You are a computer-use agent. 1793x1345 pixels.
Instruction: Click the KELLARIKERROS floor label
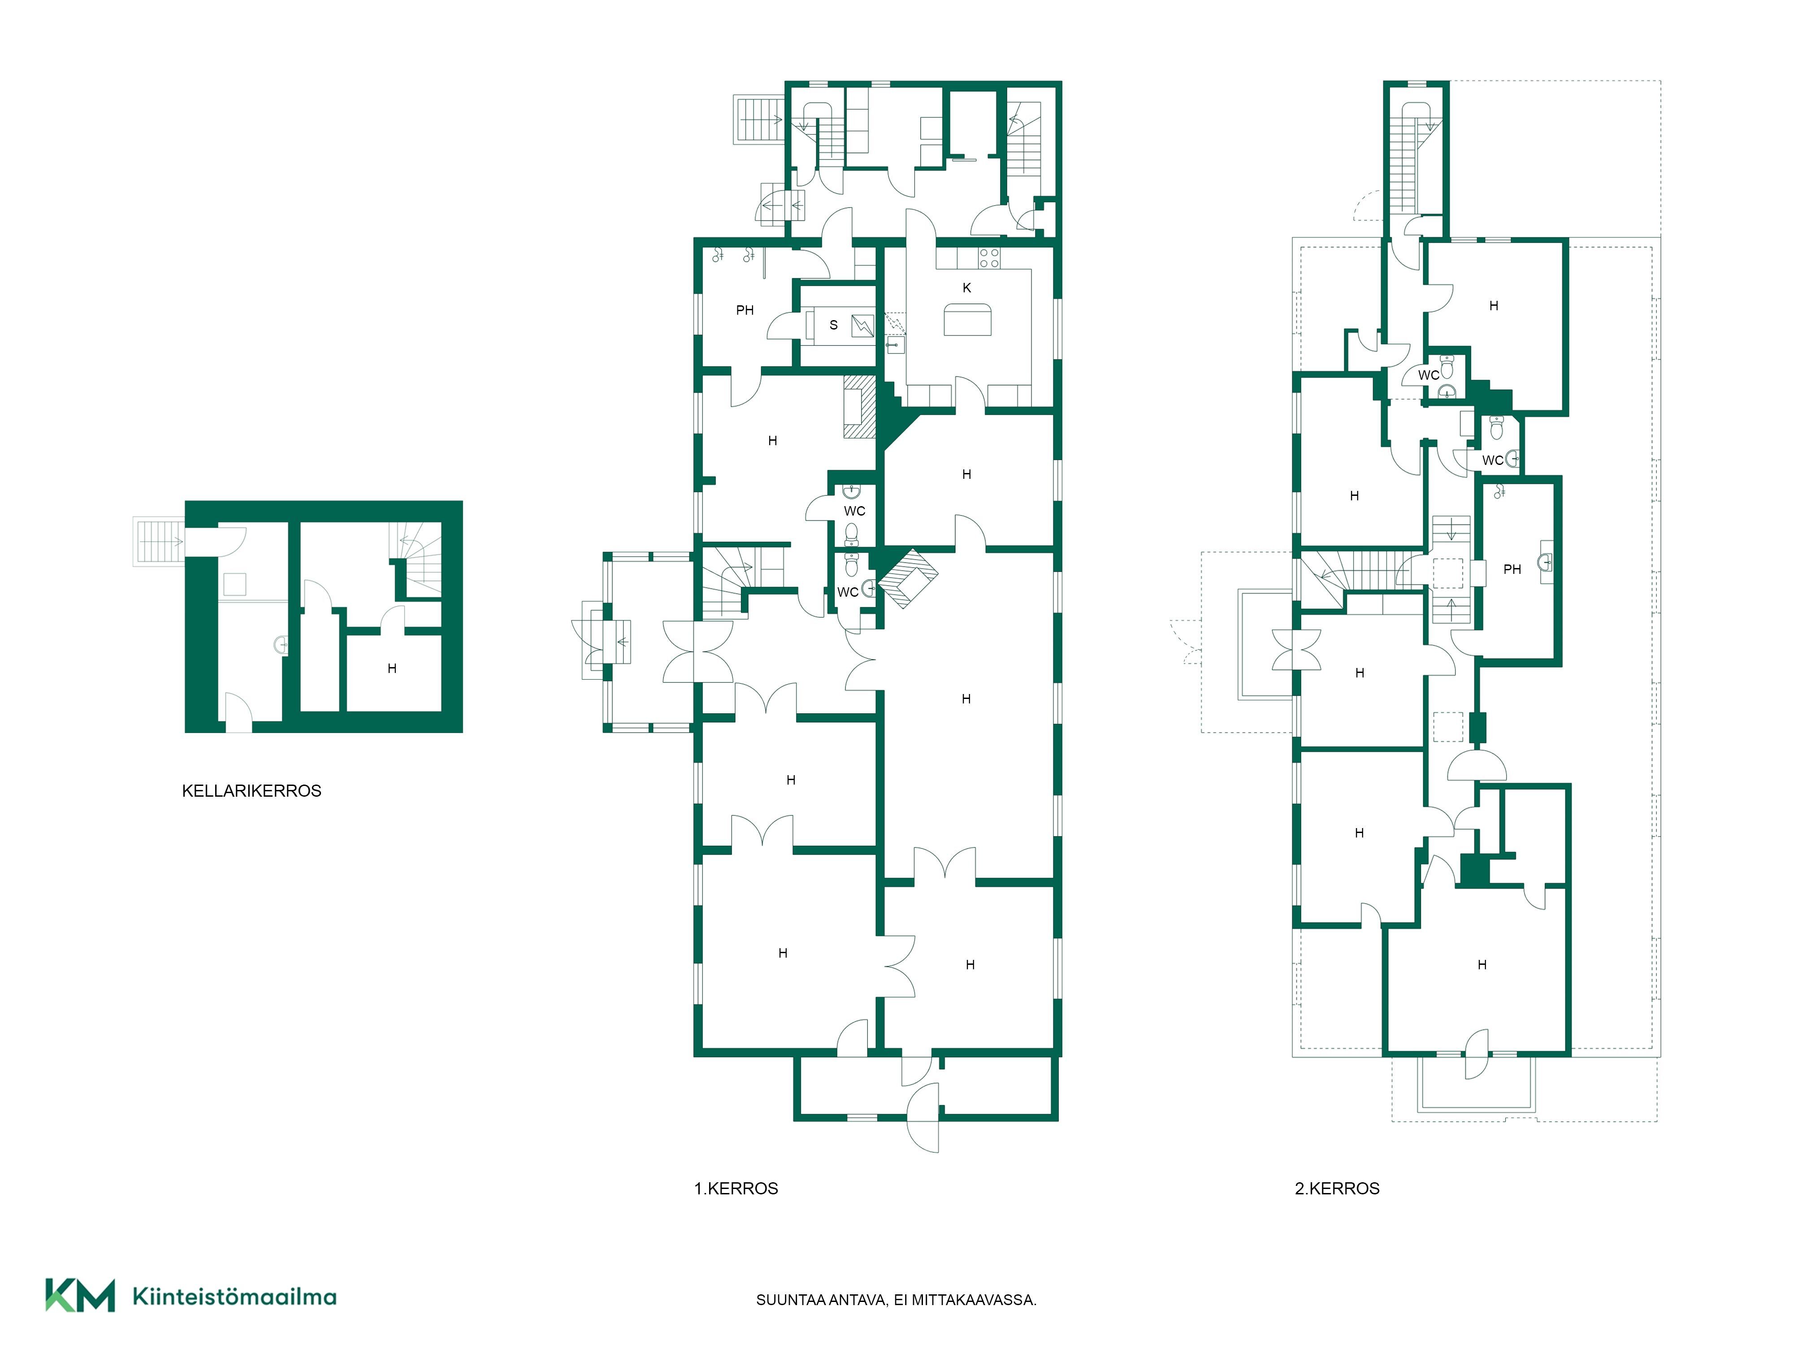click(251, 790)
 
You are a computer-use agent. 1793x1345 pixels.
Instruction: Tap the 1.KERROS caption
click(736, 1189)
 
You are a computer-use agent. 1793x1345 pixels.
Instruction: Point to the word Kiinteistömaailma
click(234, 1297)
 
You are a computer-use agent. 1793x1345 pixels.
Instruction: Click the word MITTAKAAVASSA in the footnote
click(974, 1301)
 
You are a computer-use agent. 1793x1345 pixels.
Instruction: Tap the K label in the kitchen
click(966, 288)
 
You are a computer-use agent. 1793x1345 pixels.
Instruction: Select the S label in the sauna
click(833, 325)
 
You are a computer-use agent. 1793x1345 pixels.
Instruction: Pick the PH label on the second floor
click(1512, 569)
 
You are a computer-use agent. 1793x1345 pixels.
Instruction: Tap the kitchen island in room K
click(967, 319)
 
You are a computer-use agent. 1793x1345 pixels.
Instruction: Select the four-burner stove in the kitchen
click(989, 258)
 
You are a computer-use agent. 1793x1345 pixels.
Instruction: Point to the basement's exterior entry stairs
click(159, 541)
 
